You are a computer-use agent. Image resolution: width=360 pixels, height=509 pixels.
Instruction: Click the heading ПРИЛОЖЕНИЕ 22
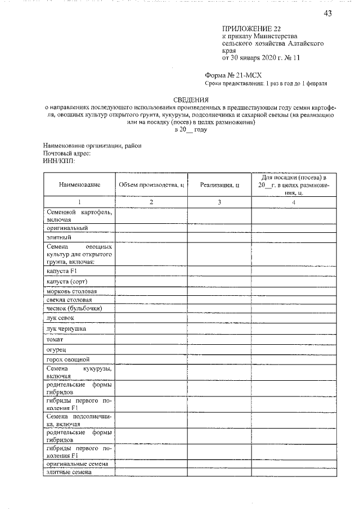251,28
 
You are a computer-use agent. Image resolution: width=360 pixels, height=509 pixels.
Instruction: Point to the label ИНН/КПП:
58,160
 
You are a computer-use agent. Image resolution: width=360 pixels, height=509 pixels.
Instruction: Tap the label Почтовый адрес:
67,153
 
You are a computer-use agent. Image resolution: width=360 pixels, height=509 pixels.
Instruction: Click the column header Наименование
79,184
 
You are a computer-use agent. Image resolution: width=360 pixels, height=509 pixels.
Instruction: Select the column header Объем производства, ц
151,184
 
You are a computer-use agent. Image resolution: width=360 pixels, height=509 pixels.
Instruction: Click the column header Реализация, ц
220,184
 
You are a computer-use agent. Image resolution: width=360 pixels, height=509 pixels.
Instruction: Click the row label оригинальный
67,228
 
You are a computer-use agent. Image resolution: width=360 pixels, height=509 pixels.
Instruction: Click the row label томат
55,339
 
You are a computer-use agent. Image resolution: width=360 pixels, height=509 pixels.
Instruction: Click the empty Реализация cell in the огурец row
220,349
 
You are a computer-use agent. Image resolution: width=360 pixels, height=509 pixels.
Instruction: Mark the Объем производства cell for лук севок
151,318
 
